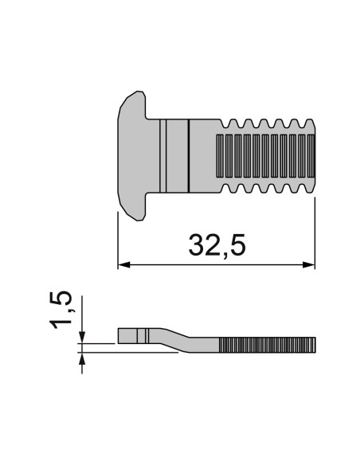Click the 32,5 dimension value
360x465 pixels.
(216, 244)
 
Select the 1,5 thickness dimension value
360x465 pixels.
(64, 308)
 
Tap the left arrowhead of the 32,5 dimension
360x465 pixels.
(123, 265)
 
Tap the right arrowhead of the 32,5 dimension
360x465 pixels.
(311, 265)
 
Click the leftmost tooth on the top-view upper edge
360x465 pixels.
(233, 123)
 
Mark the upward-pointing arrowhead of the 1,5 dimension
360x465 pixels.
(82, 358)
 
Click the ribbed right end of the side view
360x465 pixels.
(268, 345)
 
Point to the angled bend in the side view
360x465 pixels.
(172, 340)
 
